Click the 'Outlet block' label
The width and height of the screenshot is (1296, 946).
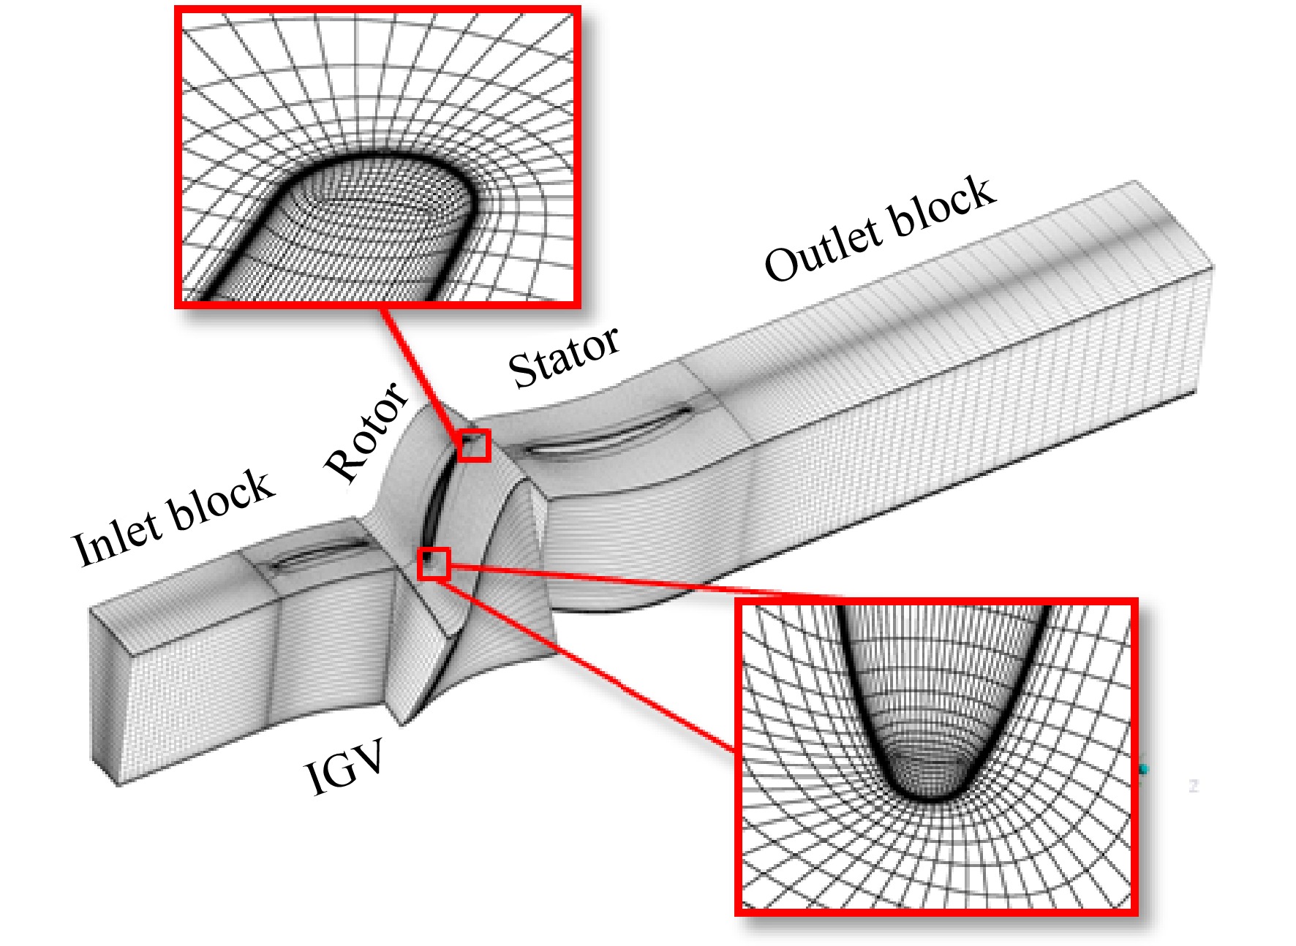pos(880,229)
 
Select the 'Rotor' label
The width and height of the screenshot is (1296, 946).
pos(366,431)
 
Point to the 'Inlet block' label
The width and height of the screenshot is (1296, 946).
pos(173,518)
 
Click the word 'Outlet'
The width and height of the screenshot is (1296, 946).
pos(821,251)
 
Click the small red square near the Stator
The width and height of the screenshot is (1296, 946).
pos(474,445)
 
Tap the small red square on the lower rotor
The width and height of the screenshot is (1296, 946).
pos(433,564)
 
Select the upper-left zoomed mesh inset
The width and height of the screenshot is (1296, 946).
pos(378,156)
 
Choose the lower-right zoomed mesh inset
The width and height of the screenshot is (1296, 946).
pos(937,757)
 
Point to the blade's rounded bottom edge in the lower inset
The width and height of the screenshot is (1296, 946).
pos(933,797)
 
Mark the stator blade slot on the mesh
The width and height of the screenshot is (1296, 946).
pos(607,431)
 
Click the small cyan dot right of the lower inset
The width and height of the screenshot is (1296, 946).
pos(1144,769)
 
